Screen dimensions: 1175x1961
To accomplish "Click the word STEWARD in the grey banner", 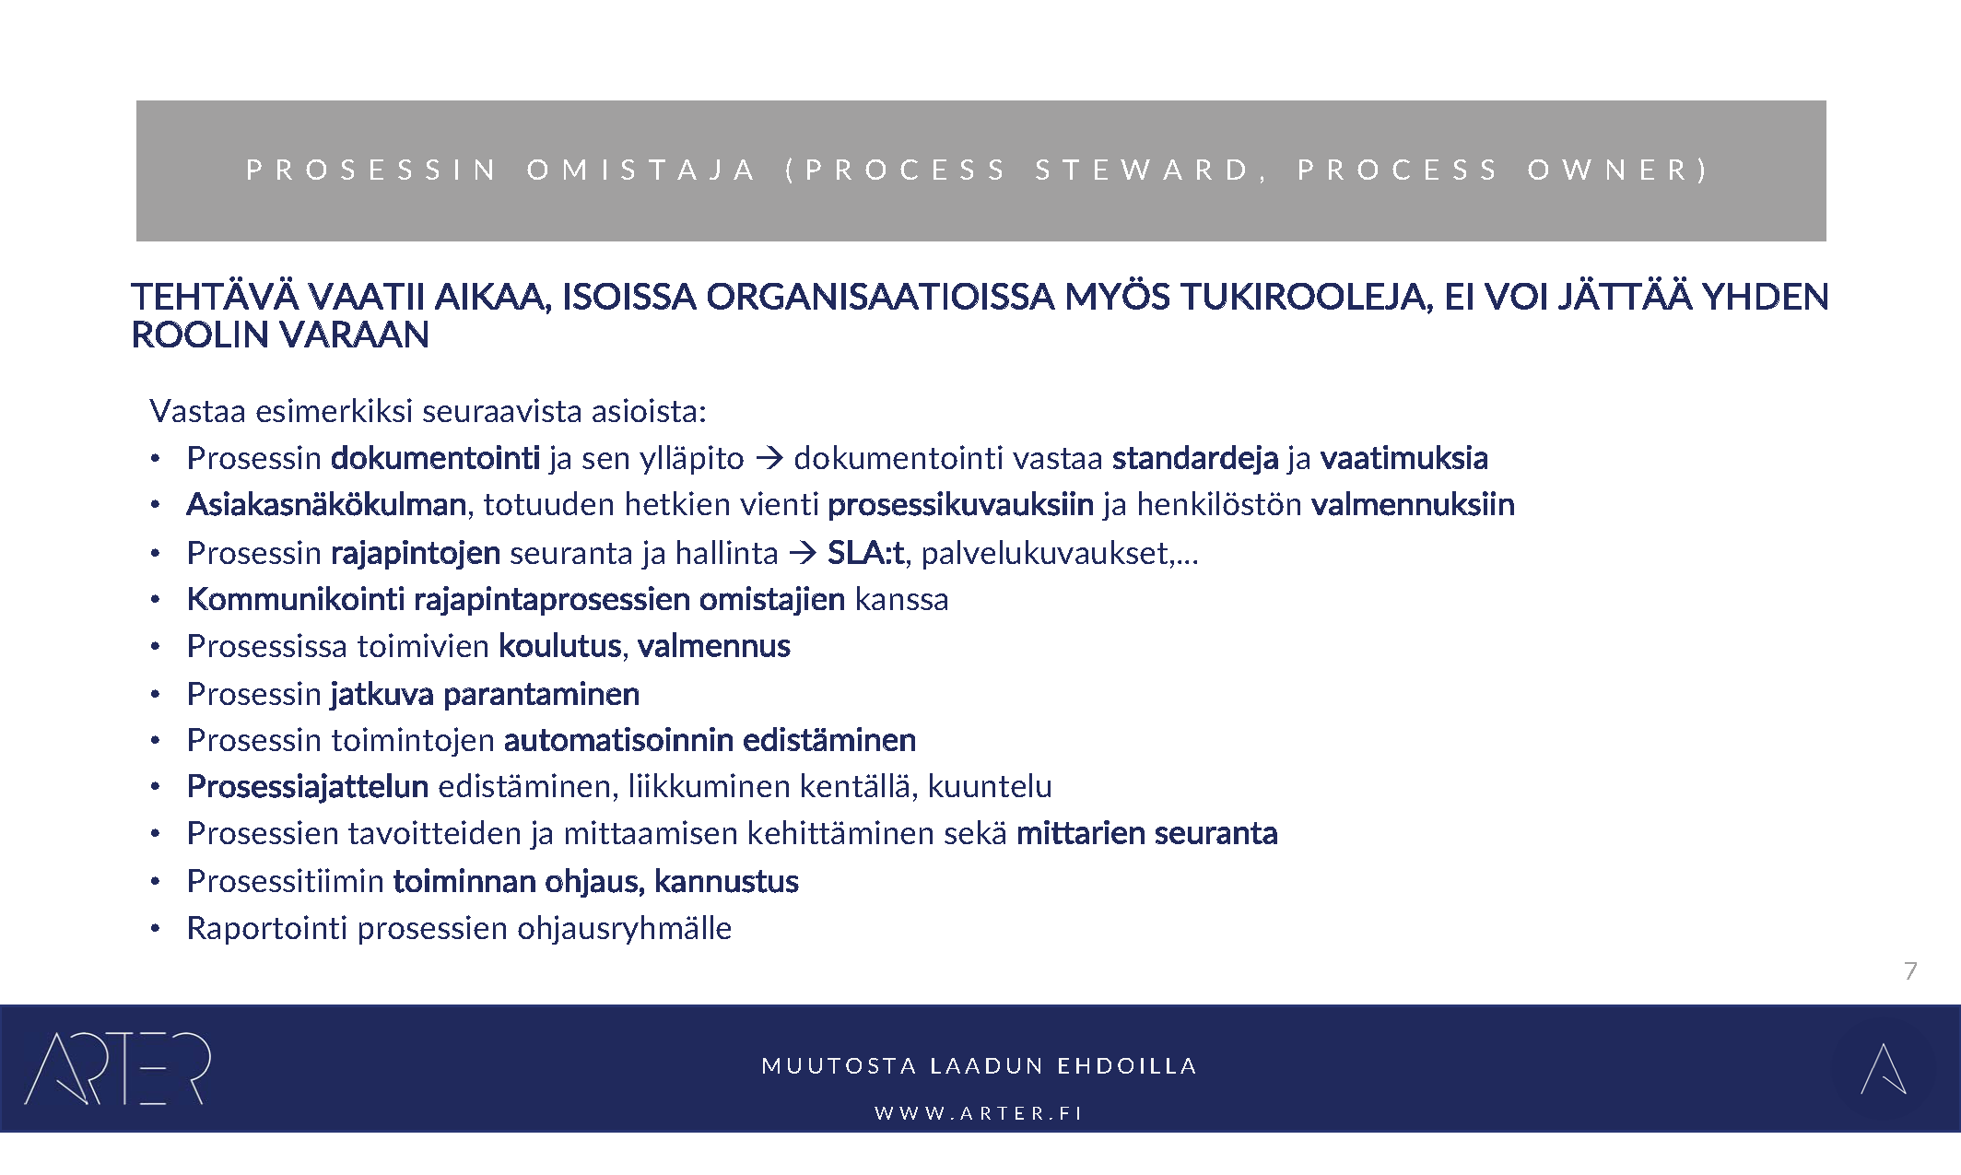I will click(x=1143, y=170).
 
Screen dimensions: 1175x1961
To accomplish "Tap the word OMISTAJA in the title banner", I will click(x=641, y=170).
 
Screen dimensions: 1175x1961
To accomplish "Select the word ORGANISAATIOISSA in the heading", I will click(x=880, y=297).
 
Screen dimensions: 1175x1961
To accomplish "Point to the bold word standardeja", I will click(x=1194, y=458).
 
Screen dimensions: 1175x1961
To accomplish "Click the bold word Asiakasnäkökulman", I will click(x=326, y=505).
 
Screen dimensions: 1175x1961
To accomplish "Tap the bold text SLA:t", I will click(x=865, y=553).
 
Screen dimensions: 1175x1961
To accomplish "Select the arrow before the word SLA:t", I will click(x=803, y=553).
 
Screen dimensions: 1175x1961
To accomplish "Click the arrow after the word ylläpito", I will click(x=769, y=458).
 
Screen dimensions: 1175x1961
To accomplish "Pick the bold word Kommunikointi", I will click(x=296, y=599).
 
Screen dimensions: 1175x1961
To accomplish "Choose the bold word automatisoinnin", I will click(x=618, y=740).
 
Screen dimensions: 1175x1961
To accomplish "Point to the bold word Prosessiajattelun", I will click(x=308, y=786).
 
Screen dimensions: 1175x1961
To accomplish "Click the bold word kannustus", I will click(x=726, y=882).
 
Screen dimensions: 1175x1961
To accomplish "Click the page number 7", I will click(x=1910, y=970).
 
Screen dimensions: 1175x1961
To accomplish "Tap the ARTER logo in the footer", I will click(x=118, y=1069).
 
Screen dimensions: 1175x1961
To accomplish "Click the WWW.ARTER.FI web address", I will click(x=979, y=1113).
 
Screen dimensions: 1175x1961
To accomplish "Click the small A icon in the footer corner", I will click(x=1883, y=1069).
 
